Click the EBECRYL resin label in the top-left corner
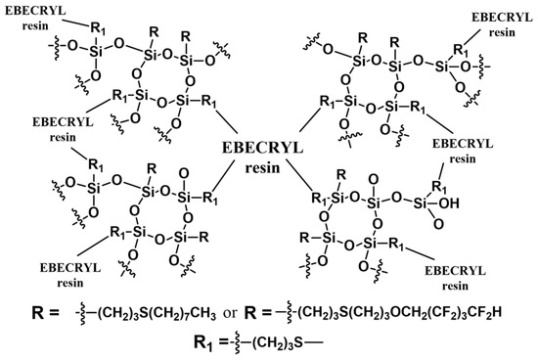pyautogui.click(x=32, y=22)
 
